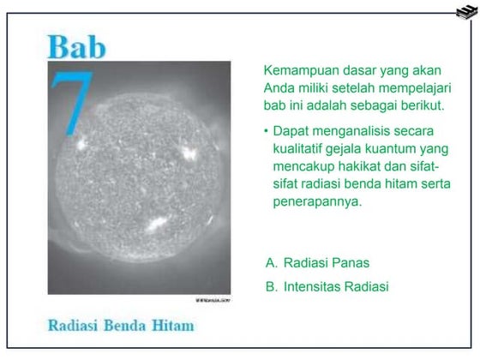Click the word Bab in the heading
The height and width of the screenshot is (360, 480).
coord(77,47)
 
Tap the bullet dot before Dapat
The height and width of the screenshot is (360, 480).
coord(267,130)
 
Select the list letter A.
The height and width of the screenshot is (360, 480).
coord(270,262)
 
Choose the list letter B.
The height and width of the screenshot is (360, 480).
coord(270,286)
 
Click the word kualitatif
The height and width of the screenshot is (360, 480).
coord(305,148)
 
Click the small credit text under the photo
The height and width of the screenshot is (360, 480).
coord(212,298)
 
